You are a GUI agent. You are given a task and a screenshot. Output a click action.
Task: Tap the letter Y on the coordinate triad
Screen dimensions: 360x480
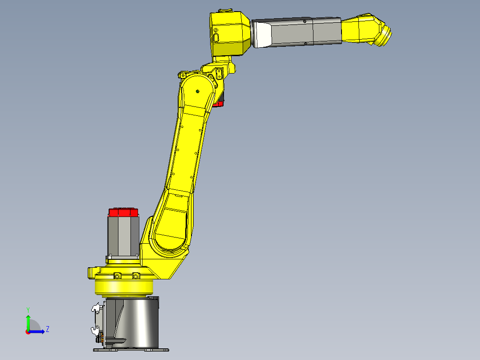(28, 309)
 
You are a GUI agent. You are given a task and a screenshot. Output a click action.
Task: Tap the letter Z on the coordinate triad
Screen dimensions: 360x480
(47, 329)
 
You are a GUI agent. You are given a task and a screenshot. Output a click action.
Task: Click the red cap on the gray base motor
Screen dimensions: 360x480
(124, 213)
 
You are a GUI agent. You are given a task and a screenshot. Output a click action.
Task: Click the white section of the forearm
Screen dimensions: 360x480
(262, 34)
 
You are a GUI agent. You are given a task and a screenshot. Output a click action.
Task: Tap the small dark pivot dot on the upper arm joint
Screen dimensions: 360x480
(197, 91)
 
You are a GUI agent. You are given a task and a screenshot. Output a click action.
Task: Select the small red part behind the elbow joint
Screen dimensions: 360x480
(218, 104)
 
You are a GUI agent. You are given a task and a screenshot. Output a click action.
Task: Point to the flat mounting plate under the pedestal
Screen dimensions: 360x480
(132, 350)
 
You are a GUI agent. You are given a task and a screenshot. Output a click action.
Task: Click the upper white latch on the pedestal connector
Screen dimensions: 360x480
(95, 308)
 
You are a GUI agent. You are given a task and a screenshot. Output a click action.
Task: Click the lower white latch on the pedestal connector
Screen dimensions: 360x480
(95, 330)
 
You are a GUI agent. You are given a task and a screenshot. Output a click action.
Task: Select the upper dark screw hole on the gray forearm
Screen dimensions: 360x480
(305, 21)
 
